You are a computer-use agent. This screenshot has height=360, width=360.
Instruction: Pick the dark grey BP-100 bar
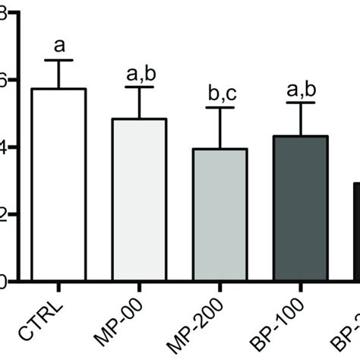pyautogui.click(x=301, y=209)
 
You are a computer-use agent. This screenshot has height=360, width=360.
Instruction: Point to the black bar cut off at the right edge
pyautogui.click(x=355, y=232)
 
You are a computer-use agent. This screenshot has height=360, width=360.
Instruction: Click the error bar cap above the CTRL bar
pyautogui.click(x=58, y=60)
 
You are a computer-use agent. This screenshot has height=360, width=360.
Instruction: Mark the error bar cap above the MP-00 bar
pyautogui.click(x=139, y=87)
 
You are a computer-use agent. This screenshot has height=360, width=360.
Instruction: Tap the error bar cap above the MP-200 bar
pyautogui.click(x=220, y=108)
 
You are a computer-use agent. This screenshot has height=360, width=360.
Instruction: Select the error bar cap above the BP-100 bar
pyautogui.click(x=301, y=103)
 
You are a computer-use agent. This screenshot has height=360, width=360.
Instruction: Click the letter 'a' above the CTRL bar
pyautogui.click(x=58, y=44)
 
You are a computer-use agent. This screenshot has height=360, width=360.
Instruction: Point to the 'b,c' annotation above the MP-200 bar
pyautogui.click(x=220, y=93)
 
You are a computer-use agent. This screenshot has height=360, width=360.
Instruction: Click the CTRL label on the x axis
pyautogui.click(x=47, y=320)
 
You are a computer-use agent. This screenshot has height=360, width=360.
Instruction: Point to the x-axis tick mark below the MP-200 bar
pyautogui.click(x=220, y=286)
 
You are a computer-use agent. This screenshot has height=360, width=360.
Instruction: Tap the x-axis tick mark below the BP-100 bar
pyautogui.click(x=301, y=286)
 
